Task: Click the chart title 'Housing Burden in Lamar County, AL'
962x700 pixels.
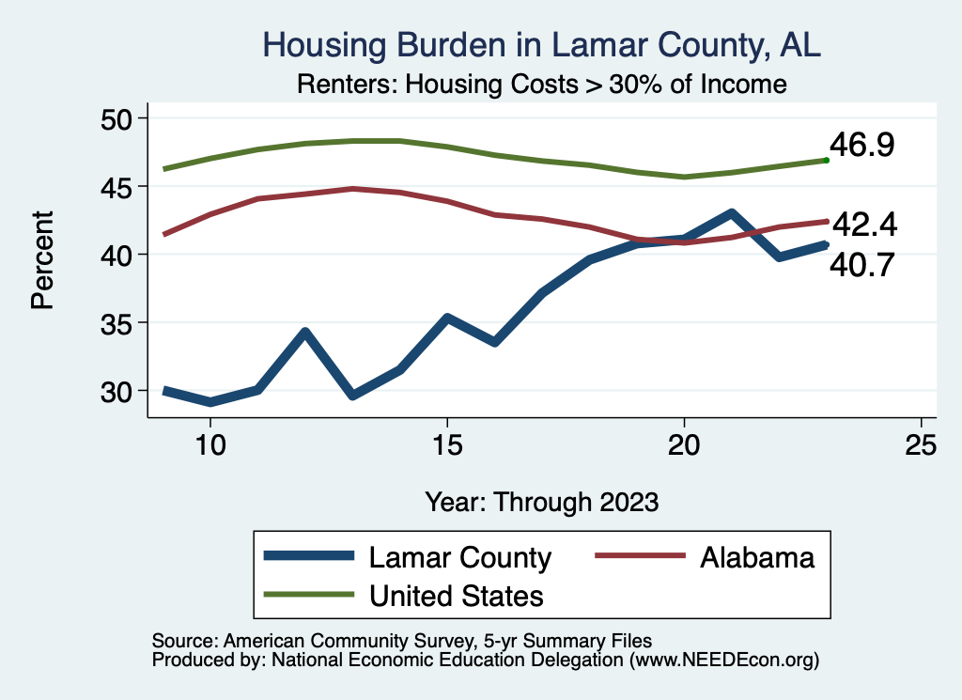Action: [x=542, y=44]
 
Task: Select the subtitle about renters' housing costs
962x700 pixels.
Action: [x=541, y=85]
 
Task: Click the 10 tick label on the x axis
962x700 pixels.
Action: [x=210, y=445]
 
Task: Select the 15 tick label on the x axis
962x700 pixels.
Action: [x=447, y=445]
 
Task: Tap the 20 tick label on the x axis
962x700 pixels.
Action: [x=684, y=445]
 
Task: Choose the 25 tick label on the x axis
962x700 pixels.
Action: [x=921, y=445]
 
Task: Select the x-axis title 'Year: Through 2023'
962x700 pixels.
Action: [x=541, y=501]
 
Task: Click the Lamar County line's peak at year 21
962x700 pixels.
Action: [x=731, y=213]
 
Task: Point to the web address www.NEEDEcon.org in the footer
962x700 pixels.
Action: [x=723, y=661]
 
